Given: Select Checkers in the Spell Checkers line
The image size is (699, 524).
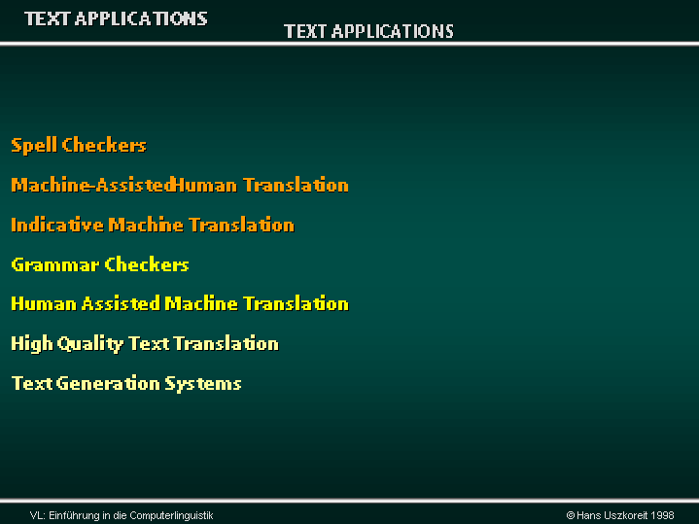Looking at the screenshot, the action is point(104,145).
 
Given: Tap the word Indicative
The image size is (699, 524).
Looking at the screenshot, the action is point(57,225).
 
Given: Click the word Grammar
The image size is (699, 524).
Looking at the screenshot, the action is point(55,264).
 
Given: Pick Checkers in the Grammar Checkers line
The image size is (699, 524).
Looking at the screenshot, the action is point(147,264).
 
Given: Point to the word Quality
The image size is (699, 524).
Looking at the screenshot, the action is point(90,344).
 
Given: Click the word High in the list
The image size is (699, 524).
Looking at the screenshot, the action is point(32,344).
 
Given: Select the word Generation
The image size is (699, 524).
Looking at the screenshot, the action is point(108,383).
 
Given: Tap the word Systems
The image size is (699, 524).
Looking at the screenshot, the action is point(203,384).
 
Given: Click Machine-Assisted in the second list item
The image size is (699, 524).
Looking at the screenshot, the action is point(93,185).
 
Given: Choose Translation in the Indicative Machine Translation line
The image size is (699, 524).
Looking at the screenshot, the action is point(242,225).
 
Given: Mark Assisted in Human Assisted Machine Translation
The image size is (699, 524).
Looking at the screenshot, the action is point(121,303).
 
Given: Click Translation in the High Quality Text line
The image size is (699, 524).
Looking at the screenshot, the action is point(226,343).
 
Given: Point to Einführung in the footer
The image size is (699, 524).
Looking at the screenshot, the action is point(75,515).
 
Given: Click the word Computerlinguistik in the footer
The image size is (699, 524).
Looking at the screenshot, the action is point(171,516).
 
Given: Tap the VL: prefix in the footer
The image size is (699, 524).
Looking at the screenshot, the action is point(38,515).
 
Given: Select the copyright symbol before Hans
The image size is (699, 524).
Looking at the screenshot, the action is point(570,515).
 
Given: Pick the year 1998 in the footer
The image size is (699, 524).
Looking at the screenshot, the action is point(662,515).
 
